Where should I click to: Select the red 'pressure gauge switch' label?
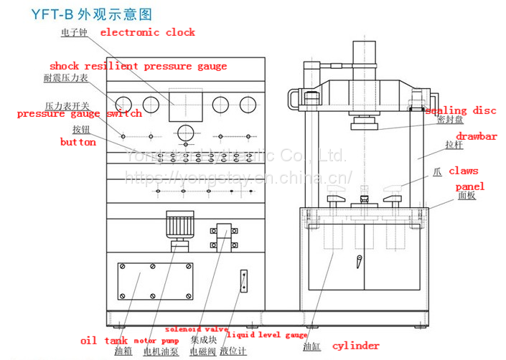coord(80,113)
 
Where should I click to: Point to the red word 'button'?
coord(78,142)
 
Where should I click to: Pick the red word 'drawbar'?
coord(477,136)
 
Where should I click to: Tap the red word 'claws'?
coord(463,171)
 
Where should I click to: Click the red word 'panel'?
coord(470,186)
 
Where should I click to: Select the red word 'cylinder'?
coord(357,346)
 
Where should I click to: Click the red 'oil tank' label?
coord(103,341)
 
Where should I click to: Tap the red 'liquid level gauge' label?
coord(267,335)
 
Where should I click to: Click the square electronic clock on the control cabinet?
coord(182,105)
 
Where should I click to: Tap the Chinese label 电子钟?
coord(74,32)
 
